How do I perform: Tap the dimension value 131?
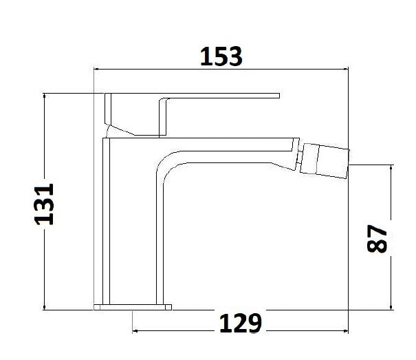tap(45, 204)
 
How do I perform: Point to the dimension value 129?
tap(241, 321)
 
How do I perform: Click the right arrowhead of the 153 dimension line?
tap(345, 69)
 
